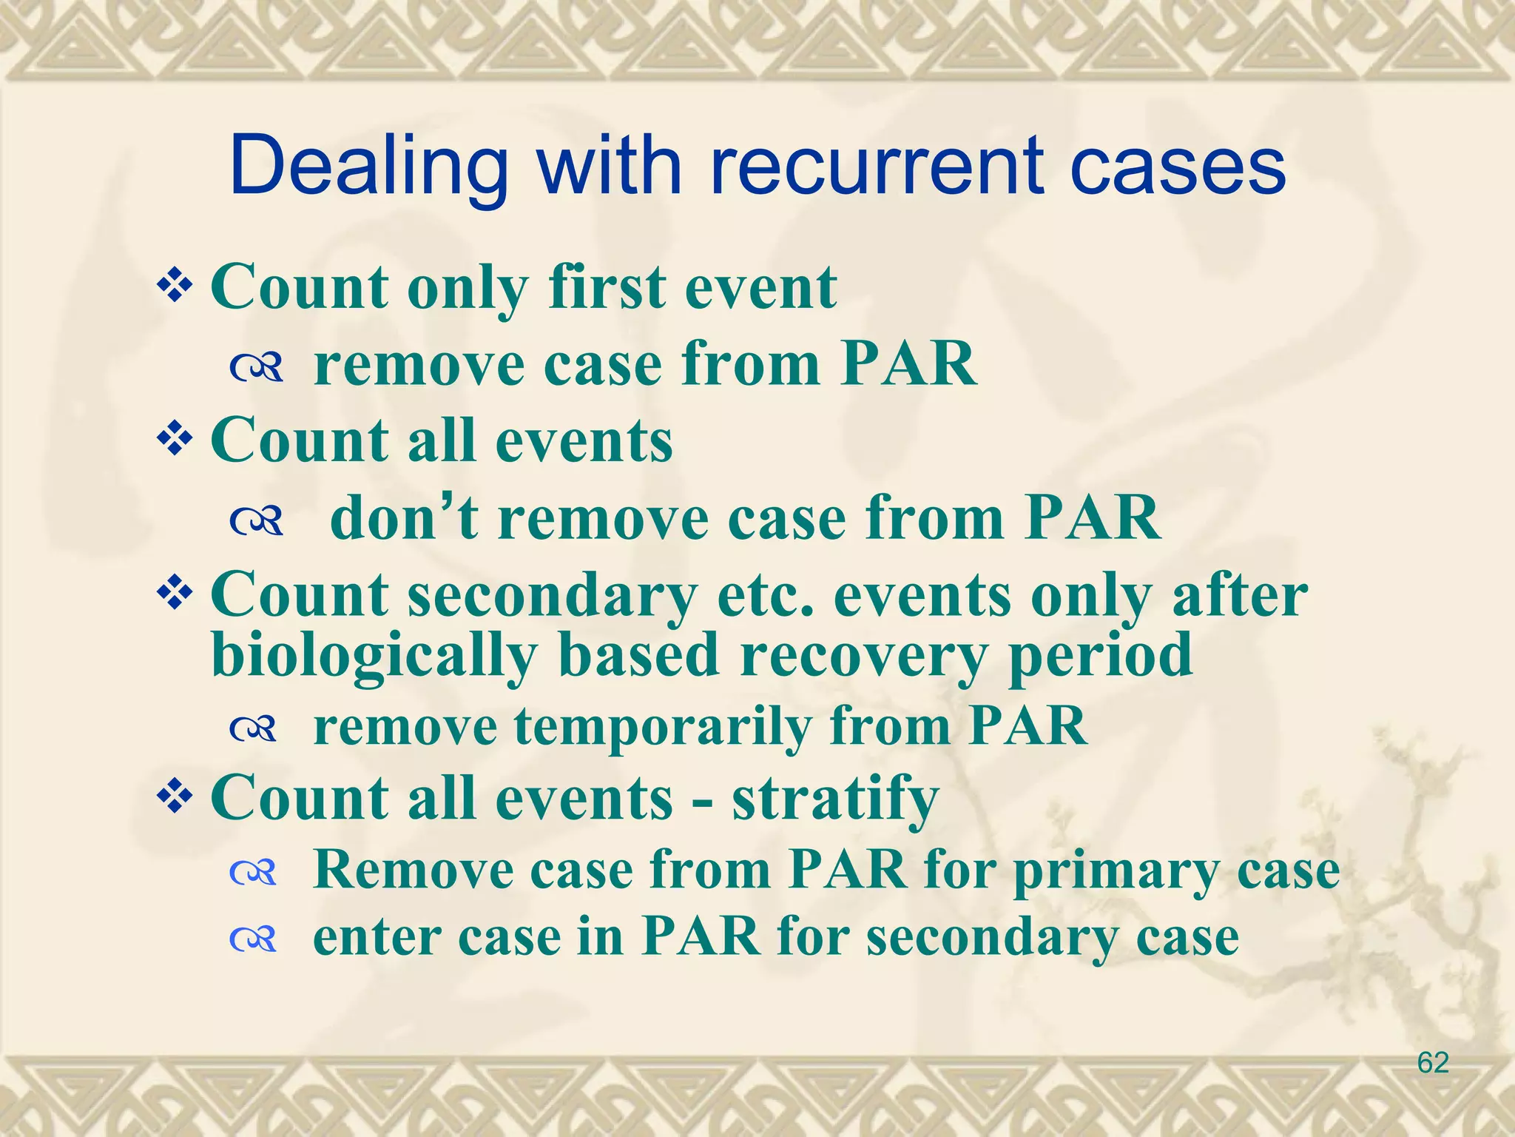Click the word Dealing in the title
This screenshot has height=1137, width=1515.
[x=368, y=167]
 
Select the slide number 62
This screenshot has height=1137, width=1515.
[x=1432, y=1063]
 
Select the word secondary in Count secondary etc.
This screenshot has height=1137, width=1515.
[x=553, y=597]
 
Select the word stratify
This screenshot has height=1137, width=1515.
[x=835, y=799]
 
